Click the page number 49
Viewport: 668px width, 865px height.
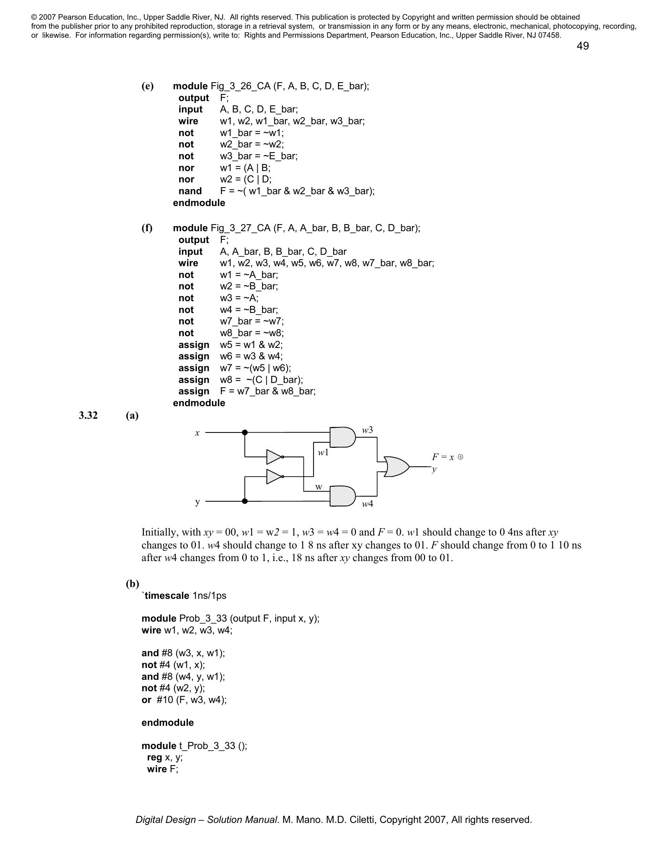coord(582,46)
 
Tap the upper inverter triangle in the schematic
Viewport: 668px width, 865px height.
coord(274,456)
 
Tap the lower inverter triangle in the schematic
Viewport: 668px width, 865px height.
coord(274,477)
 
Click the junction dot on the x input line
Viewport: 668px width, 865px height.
coord(245,432)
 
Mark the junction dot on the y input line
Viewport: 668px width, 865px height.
coord(244,501)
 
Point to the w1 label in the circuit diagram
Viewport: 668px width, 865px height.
coord(323,452)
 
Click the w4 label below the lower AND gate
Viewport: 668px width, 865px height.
coord(368,504)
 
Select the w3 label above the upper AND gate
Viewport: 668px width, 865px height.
coord(368,430)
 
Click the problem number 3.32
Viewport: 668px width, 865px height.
coord(88,415)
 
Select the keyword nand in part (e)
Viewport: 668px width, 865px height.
coord(190,191)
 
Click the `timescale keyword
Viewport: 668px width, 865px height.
coord(165,595)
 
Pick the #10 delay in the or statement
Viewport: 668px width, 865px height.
coord(165,699)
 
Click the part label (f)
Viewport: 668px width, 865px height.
coord(147,228)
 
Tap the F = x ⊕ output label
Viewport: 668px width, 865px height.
coord(447,457)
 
